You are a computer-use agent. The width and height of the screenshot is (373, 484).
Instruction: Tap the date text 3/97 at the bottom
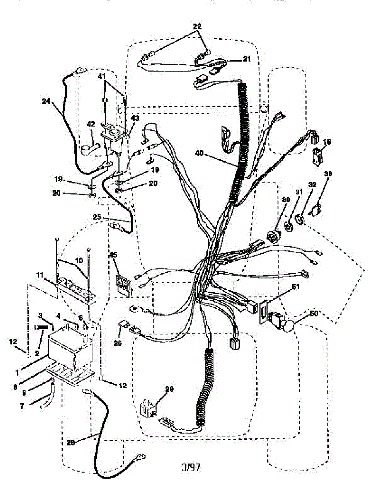tap(191, 467)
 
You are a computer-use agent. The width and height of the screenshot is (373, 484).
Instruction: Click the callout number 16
tap(327, 142)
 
